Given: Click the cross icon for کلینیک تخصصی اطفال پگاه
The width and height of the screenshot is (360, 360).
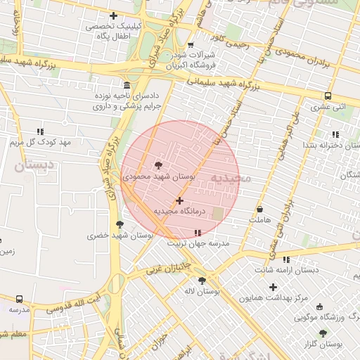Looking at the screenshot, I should pyautogui.click(x=114, y=15).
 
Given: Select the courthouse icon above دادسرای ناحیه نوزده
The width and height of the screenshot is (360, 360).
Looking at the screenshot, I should pyautogui.click(x=127, y=83).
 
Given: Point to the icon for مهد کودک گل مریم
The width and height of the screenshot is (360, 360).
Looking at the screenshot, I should pyautogui.click(x=40, y=131).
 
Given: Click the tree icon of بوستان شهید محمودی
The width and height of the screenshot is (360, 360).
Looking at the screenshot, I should pyautogui.click(x=157, y=165).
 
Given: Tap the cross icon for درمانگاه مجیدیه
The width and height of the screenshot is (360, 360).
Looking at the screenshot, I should pyautogui.click(x=179, y=200).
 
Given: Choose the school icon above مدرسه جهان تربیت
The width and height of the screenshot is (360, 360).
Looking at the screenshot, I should pyautogui.click(x=198, y=233).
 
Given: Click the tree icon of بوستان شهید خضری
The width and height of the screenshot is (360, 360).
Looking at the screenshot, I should pyautogui.click(x=120, y=224).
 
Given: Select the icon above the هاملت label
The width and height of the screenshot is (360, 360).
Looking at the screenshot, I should pyautogui.click(x=259, y=210).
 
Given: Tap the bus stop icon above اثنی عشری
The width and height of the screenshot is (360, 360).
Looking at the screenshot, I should pyautogui.click(x=328, y=96).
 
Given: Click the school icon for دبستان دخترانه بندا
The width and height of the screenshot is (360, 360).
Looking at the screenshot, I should pyautogui.click(x=335, y=134).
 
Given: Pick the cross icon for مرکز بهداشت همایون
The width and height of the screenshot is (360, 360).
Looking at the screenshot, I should pyautogui.click(x=273, y=286).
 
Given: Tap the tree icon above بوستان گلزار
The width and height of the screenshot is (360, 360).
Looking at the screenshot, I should pyautogui.click(x=323, y=333).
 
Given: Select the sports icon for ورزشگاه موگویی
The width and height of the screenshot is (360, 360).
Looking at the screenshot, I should pyautogui.click(x=321, y=307).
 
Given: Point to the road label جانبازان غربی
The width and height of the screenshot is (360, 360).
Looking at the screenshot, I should pyautogui.click(x=169, y=266).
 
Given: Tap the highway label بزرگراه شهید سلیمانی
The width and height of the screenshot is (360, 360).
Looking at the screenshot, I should pyautogui.click(x=224, y=85).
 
